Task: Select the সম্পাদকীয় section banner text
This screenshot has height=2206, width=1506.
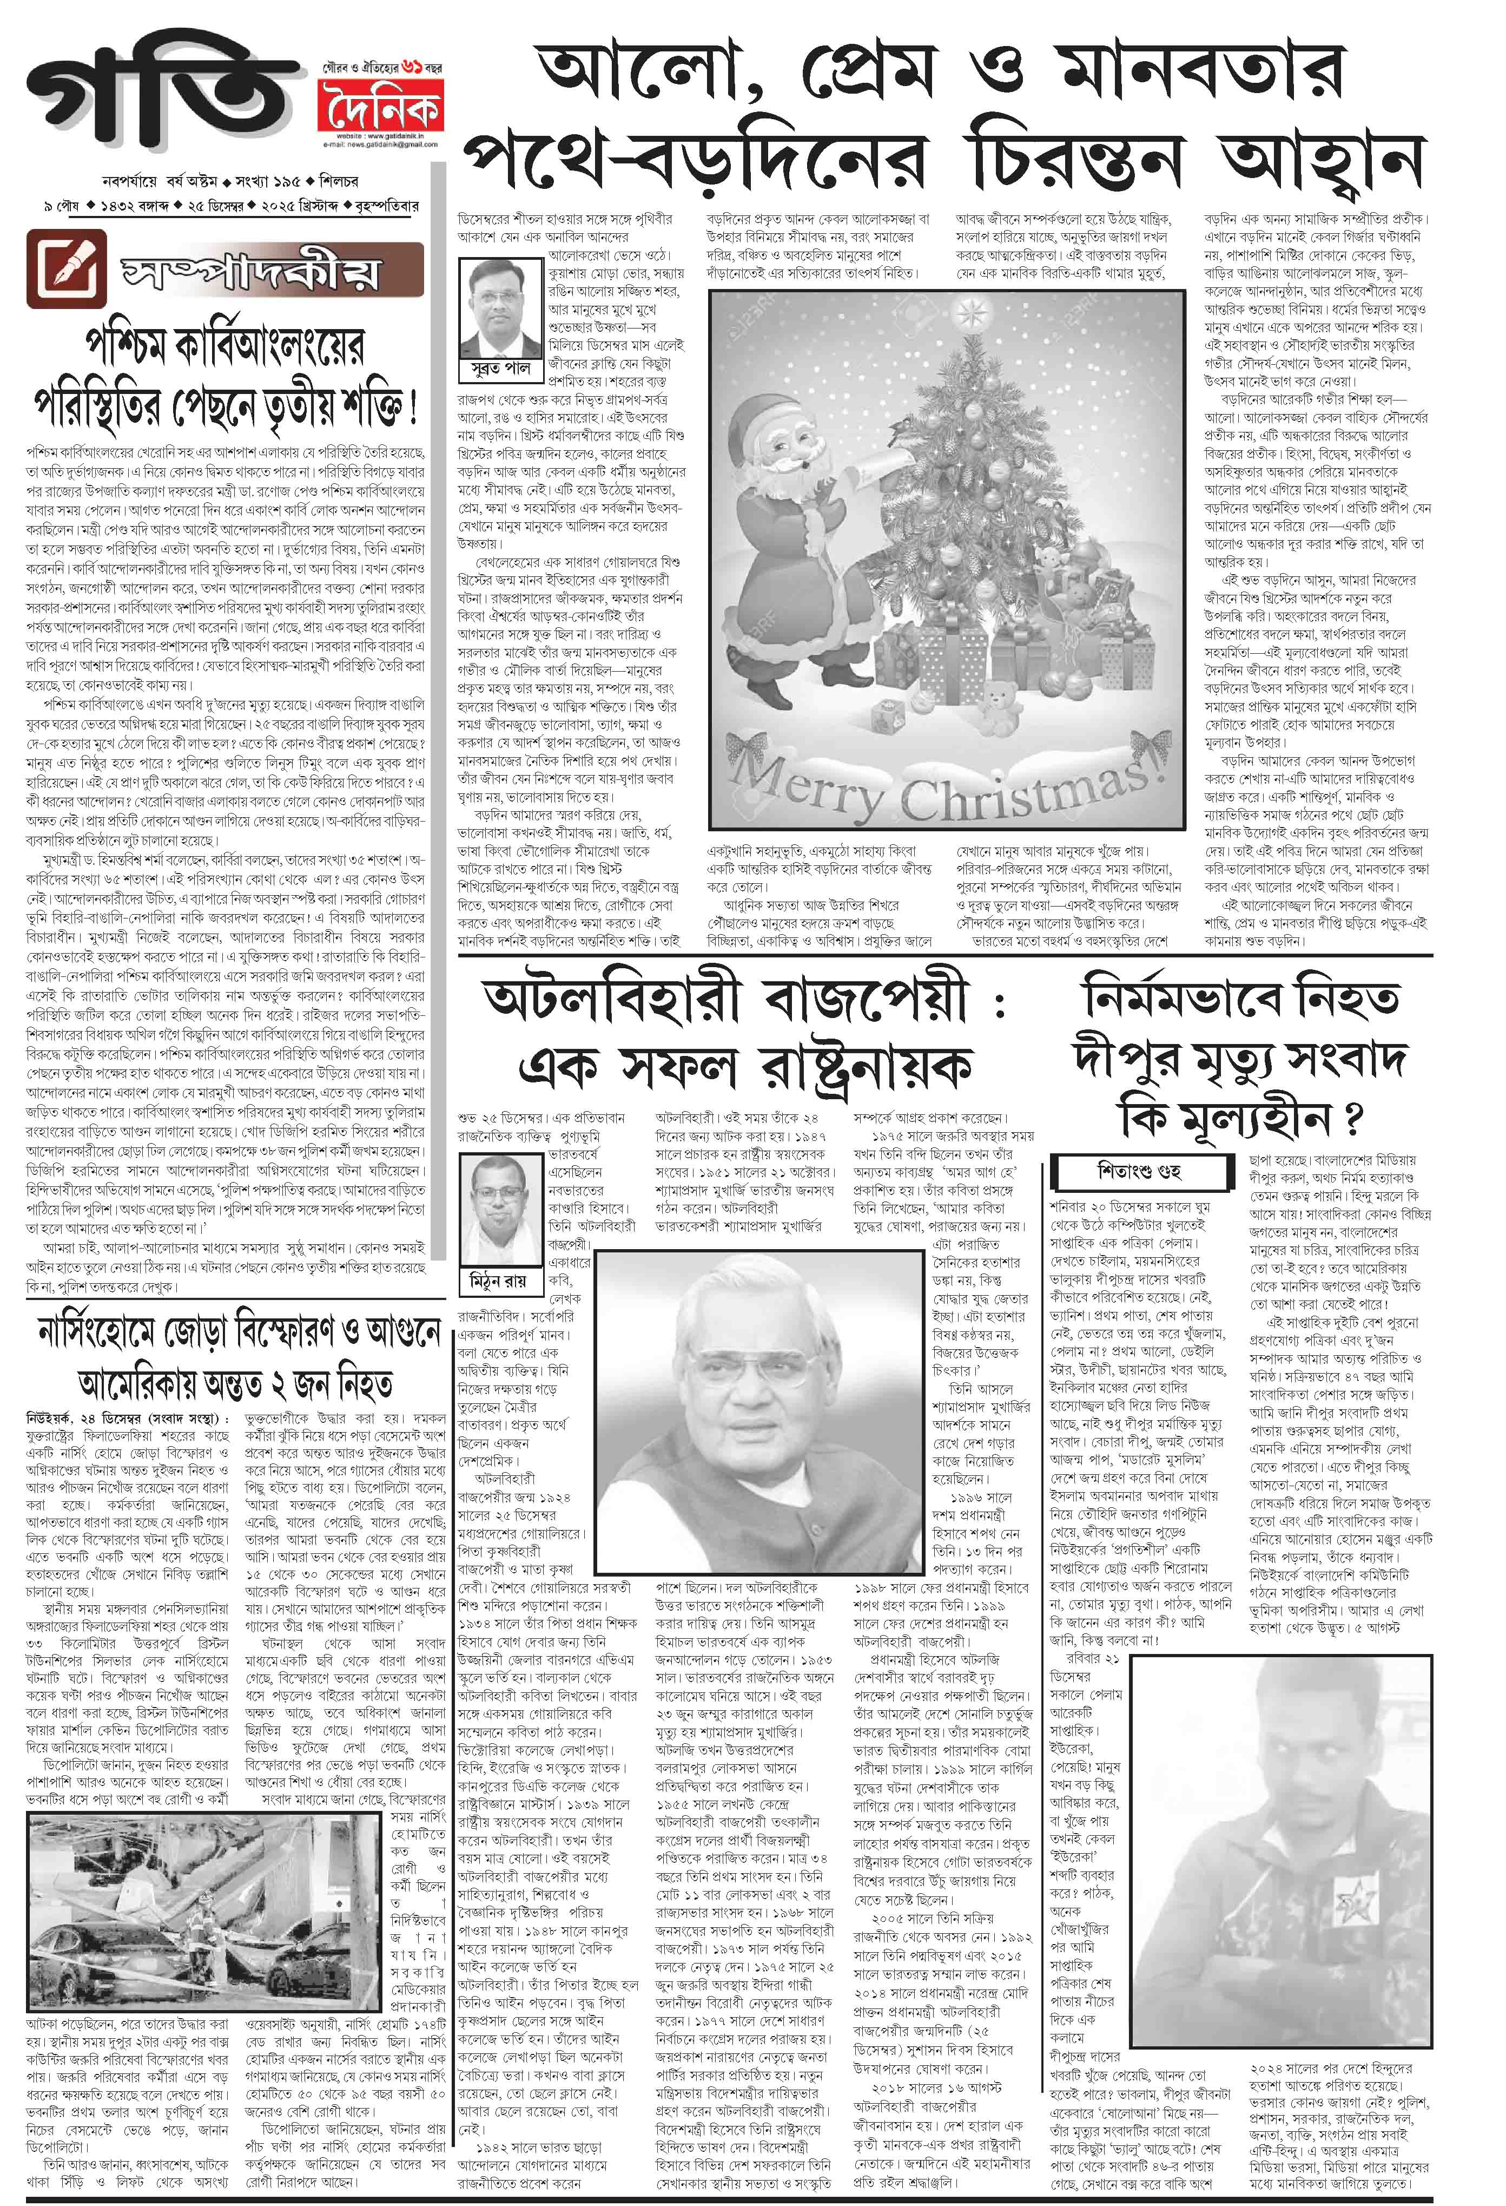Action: (x=252, y=273)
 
